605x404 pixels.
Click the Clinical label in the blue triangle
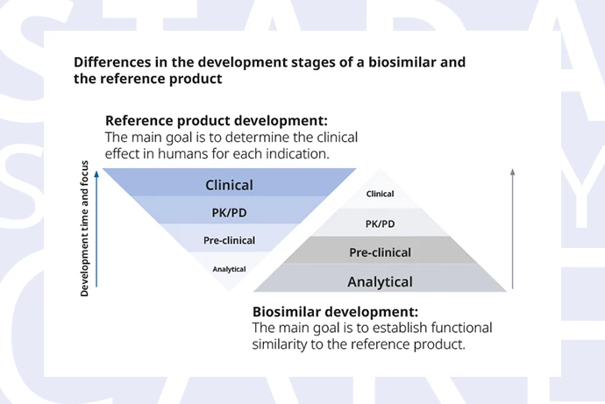coord(229,185)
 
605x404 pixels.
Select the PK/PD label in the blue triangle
coord(229,213)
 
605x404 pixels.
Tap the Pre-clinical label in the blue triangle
coord(229,240)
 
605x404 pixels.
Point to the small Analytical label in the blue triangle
coord(229,269)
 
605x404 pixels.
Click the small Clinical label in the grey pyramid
coord(380,194)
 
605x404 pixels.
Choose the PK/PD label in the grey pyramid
coord(380,224)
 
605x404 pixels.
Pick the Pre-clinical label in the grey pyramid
coord(380,252)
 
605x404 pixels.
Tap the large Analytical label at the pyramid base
coord(380,282)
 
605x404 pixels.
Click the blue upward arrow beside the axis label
coord(96,229)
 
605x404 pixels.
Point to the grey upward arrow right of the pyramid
coord(512,229)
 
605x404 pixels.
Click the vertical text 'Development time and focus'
coord(84,229)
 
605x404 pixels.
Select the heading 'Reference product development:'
coord(217,121)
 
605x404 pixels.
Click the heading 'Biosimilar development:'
coord(335,311)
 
